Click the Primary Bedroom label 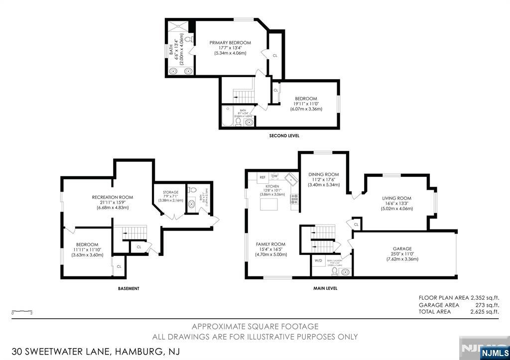230,43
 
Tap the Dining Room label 324,174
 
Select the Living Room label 396,198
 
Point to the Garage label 402,248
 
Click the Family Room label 270,244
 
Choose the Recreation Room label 113,197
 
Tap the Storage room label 171,192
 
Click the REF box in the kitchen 262,177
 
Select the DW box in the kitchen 274,176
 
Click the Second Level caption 284,136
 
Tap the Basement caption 128,288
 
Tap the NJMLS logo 495,353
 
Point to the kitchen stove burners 295,199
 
